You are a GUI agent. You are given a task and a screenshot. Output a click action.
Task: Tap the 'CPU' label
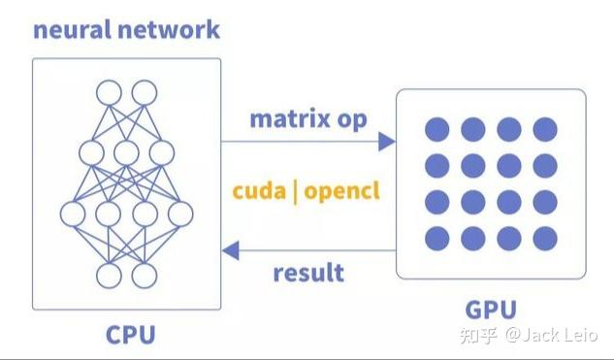[x=130, y=335]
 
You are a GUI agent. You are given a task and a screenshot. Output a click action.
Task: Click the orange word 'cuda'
[x=259, y=190]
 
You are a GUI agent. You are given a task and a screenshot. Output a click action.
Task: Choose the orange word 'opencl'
[x=341, y=191]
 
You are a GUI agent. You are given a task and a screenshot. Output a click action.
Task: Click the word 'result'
[x=307, y=273]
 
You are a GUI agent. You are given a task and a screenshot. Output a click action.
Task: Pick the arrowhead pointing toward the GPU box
[x=387, y=142]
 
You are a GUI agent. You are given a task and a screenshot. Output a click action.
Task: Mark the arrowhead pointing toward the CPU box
[x=231, y=250]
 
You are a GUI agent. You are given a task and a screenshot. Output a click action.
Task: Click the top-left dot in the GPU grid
[x=437, y=128]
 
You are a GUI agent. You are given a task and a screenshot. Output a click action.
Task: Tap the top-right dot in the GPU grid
[x=545, y=128]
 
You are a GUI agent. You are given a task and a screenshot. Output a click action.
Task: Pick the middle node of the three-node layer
[x=126, y=153]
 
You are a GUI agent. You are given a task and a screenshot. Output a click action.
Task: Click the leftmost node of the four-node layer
[x=73, y=214]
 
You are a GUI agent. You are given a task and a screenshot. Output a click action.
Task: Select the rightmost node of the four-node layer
[x=180, y=214]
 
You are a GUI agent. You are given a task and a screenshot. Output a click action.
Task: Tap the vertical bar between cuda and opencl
[x=295, y=190]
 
